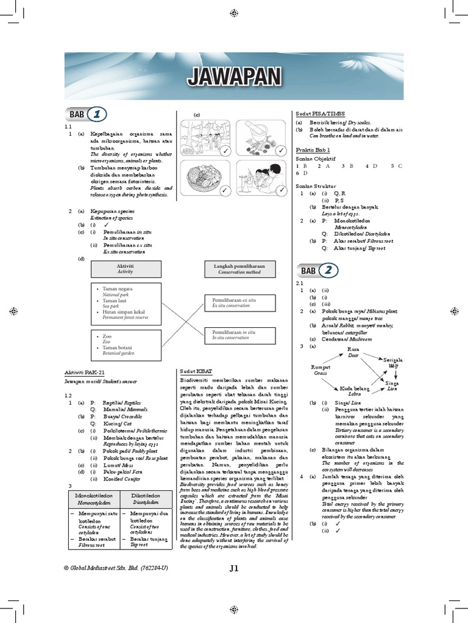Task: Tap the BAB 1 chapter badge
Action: [x=85, y=114]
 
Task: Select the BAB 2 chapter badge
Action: [x=316, y=270]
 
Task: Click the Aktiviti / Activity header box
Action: [x=126, y=269]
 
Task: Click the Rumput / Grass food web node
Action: [x=321, y=370]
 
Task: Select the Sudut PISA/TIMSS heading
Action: [x=321, y=114]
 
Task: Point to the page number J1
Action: [x=234, y=569]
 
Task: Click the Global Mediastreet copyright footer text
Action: [x=116, y=568]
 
